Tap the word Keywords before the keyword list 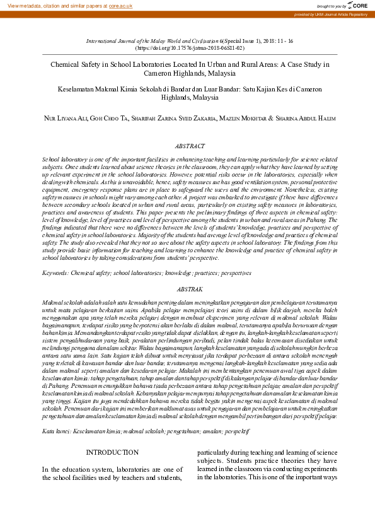[x=55, y=273]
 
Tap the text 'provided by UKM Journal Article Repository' [x=331, y=15]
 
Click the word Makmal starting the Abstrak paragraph [x=52, y=303]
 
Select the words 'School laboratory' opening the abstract [x=64, y=161]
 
